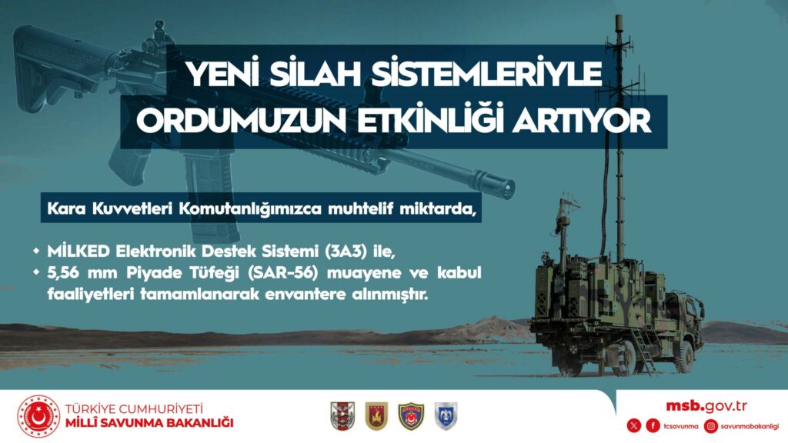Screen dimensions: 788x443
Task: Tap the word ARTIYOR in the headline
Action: click(582, 121)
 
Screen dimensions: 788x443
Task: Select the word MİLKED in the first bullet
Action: click(78, 251)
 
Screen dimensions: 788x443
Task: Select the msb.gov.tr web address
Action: click(706, 406)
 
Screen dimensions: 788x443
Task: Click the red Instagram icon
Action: click(710, 426)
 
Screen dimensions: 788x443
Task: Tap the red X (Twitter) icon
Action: click(634, 426)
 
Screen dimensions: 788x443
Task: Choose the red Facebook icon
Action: click(653, 426)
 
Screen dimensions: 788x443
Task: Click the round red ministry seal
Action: click(38, 416)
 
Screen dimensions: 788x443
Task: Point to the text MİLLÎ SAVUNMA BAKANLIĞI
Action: click(149, 423)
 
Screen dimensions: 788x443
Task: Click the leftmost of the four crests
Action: click(342, 416)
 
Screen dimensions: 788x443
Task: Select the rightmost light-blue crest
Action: click(446, 416)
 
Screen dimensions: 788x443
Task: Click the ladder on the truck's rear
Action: click(645, 349)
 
